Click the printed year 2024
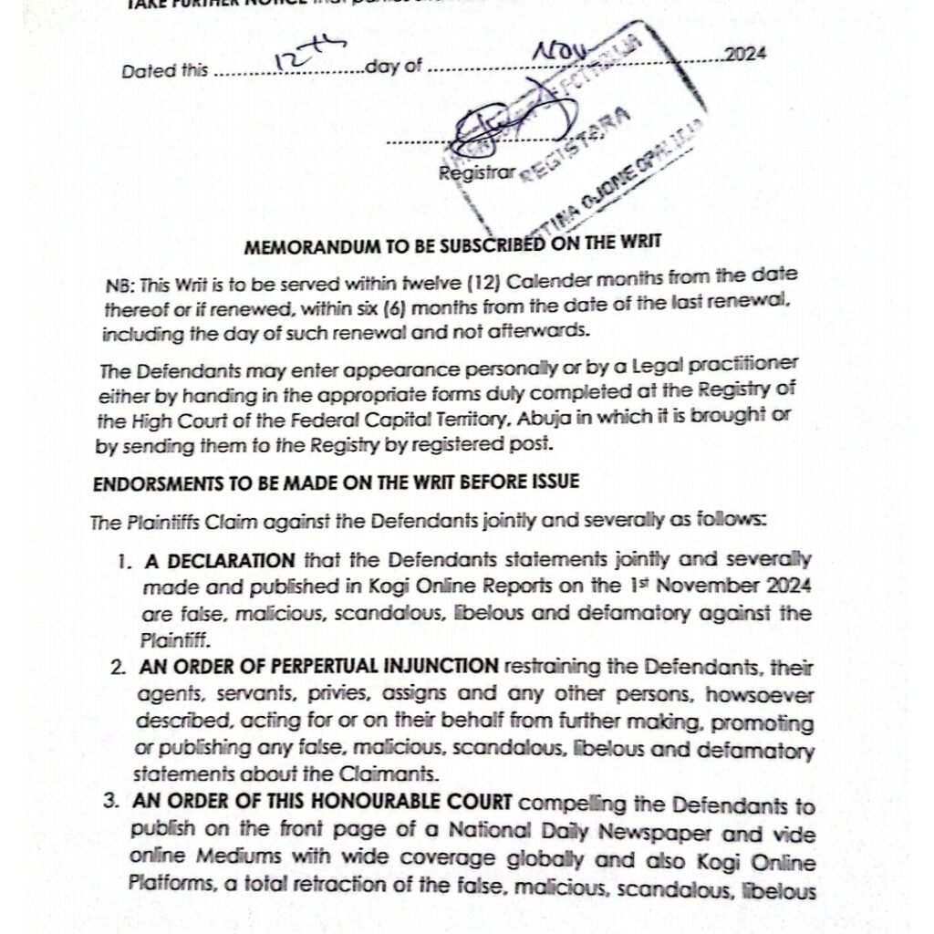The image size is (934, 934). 745,55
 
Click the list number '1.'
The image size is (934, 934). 125,561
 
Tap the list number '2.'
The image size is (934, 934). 119,668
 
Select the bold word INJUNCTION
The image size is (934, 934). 441,667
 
